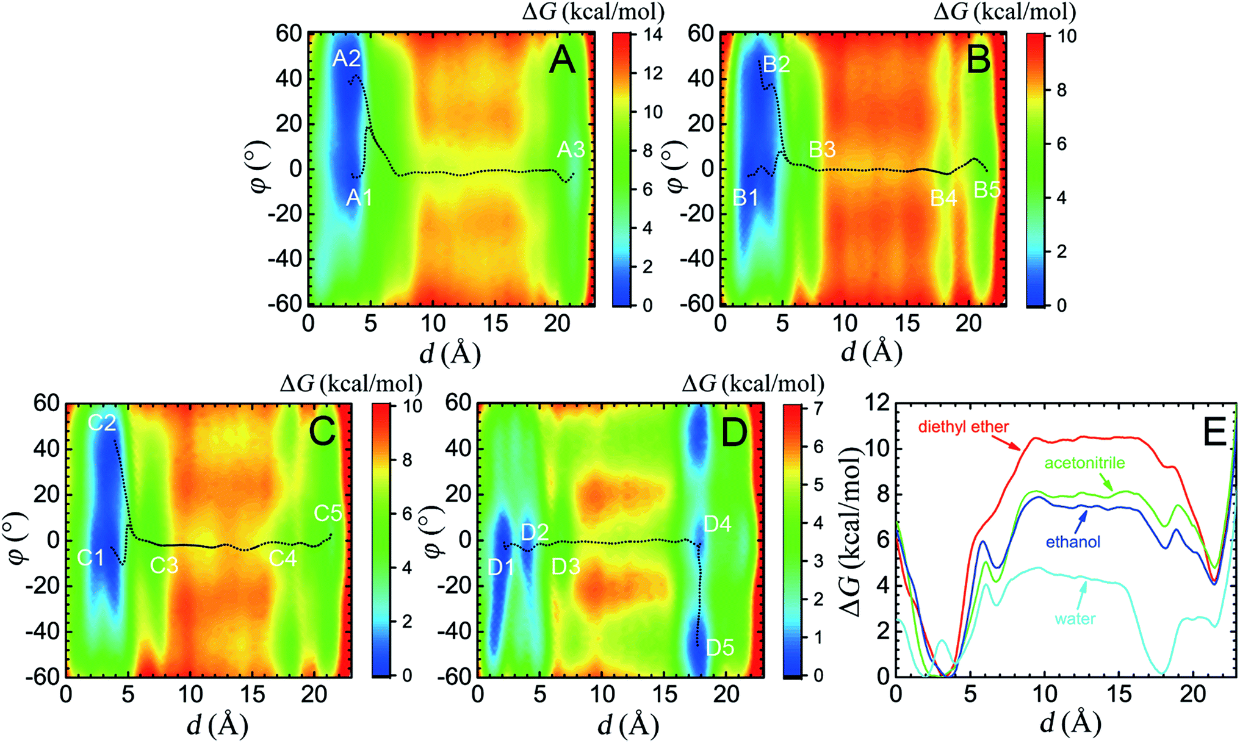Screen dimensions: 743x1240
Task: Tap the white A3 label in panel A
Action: coord(571,149)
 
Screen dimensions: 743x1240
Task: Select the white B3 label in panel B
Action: coord(822,149)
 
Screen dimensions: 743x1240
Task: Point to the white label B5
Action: coord(987,190)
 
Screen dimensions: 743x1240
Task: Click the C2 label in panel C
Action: coord(102,422)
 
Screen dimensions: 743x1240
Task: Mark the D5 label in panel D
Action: coord(719,647)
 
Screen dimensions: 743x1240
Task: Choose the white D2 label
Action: coord(535,532)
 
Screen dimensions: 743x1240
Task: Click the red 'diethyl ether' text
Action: coord(964,426)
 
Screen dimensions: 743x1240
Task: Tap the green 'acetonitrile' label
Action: coord(1084,463)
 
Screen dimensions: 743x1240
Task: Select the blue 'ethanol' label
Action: coord(1073,542)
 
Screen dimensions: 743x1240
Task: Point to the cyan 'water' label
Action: coord(1075,619)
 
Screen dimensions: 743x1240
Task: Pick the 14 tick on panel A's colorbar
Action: coord(652,34)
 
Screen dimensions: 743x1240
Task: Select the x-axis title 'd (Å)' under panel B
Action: coord(871,352)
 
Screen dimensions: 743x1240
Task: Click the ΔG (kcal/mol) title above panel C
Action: coord(351,383)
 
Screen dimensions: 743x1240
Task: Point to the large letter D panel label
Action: coord(734,433)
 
